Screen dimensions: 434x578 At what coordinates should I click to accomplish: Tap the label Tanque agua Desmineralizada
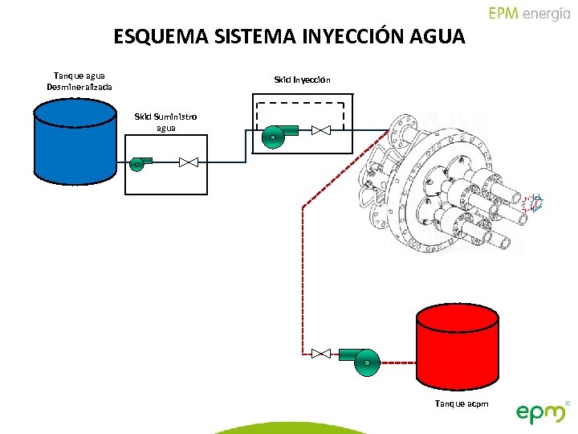click(79, 80)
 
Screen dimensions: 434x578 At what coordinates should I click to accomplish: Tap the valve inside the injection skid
click(322, 130)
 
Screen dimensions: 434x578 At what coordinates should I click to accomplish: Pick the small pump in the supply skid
click(139, 163)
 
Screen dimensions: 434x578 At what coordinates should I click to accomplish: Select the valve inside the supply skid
click(189, 162)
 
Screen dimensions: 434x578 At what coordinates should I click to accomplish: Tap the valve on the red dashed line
click(320, 353)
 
